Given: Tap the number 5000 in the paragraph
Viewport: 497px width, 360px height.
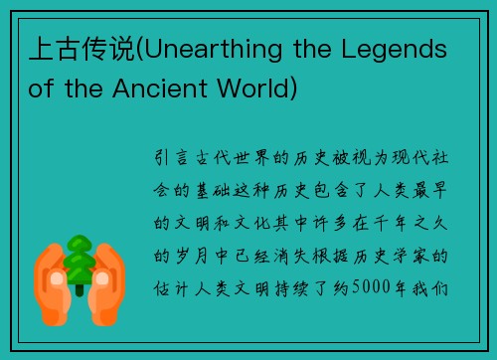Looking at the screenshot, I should click(382, 288).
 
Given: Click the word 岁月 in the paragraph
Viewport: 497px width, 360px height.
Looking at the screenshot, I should click(195, 257).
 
